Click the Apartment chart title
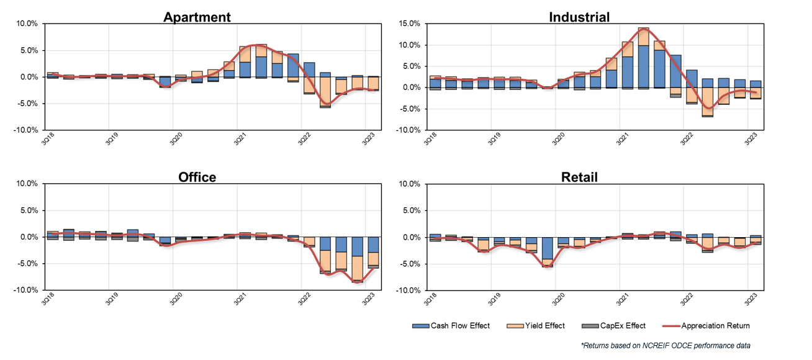197,17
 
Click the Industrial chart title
579,17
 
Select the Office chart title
197,177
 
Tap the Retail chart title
579,177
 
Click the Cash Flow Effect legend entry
451,326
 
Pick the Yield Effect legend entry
538,326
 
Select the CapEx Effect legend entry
616,326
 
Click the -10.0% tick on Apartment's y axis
26,130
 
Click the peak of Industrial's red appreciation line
643,29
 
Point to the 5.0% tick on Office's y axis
28,210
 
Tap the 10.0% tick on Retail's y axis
410,184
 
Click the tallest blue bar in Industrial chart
643,66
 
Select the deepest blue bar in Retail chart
547,248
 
